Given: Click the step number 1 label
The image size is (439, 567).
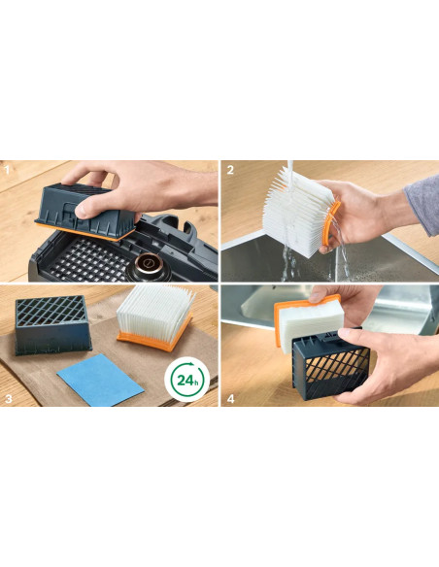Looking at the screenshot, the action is click(7, 170).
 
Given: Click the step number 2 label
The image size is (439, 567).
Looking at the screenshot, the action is click(230, 170).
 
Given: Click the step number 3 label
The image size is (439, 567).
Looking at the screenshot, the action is click(9, 398).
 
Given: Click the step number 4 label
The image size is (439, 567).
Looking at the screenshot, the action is click(231, 398).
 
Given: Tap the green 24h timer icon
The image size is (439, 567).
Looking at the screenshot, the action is click(186, 380).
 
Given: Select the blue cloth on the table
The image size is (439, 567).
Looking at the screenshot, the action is click(100, 380).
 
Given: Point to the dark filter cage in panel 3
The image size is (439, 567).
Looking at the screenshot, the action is click(51, 324).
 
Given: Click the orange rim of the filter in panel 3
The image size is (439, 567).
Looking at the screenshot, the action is click(153, 340).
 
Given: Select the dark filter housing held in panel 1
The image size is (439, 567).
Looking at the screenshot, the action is click(86, 210).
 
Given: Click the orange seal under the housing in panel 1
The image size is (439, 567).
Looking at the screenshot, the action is click(84, 232).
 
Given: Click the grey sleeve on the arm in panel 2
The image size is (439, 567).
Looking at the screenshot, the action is click(423, 204).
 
